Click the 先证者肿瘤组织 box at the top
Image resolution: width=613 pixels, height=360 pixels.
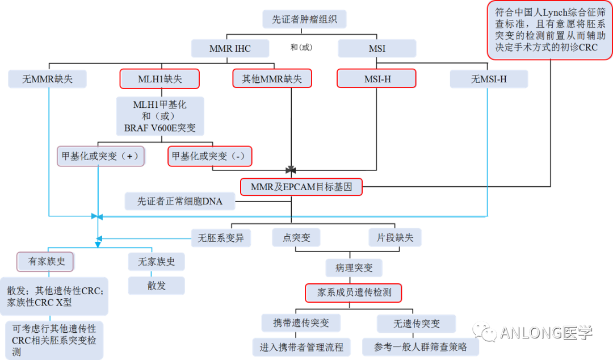pyautogui.click(x=304, y=19)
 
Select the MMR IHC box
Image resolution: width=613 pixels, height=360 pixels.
pyautogui.click(x=230, y=48)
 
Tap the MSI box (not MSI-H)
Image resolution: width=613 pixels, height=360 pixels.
pyautogui.click(x=377, y=48)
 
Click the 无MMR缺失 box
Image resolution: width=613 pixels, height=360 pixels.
pyautogui.click(x=48, y=79)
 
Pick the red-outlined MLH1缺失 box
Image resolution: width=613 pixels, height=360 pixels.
pyautogui.click(x=159, y=79)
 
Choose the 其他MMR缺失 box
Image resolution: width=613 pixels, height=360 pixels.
pyautogui.click(x=272, y=79)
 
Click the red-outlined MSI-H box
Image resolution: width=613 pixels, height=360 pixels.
pyautogui.click(x=377, y=79)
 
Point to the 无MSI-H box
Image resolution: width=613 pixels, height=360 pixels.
pyautogui.click(x=489, y=79)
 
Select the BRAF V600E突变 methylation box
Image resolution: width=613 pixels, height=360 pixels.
pyautogui.click(x=160, y=116)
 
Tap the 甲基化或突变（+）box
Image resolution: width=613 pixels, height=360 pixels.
pyautogui.click(x=100, y=156)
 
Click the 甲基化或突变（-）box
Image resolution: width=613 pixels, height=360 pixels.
pyautogui.click(x=210, y=156)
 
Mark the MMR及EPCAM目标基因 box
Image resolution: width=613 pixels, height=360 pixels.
pyautogui.click(x=301, y=186)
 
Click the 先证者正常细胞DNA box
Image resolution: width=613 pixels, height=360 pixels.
pyautogui.click(x=180, y=201)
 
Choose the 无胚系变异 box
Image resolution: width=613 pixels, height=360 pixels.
pyautogui.click(x=221, y=237)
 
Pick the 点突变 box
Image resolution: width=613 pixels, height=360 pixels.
pyautogui.click(x=296, y=237)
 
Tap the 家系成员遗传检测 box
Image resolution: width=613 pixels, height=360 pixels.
pyautogui.click(x=354, y=292)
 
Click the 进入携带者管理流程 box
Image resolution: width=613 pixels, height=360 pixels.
pyautogui.click(x=301, y=346)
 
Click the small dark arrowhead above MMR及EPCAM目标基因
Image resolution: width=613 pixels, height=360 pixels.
pyautogui.click(x=291, y=170)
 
